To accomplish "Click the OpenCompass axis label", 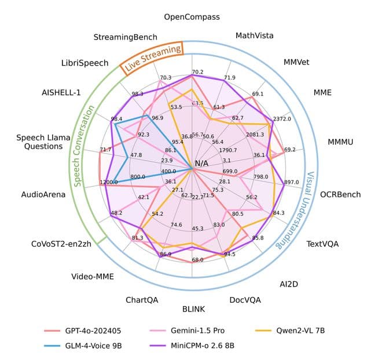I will (x=192, y=17).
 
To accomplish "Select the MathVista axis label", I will (x=255, y=36).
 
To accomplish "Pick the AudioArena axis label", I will (x=43, y=194).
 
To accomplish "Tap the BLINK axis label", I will (x=193, y=308).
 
